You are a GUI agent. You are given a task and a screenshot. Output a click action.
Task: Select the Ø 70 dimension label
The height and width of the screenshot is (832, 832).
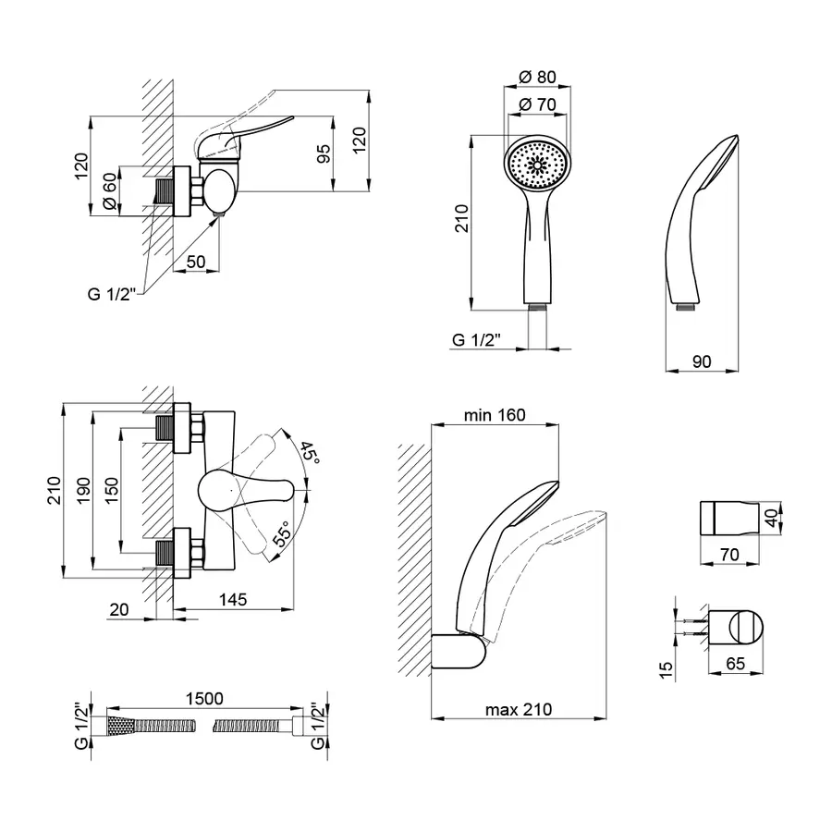[537, 104]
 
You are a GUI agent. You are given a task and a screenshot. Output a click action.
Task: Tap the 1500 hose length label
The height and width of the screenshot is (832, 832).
[203, 700]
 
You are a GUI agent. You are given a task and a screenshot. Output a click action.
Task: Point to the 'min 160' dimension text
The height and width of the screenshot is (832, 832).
[495, 415]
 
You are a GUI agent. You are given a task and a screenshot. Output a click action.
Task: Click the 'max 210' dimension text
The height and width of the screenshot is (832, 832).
[518, 710]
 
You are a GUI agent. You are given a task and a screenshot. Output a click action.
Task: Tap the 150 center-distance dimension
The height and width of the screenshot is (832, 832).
[112, 487]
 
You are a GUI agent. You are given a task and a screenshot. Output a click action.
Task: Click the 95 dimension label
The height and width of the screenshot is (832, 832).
[324, 154]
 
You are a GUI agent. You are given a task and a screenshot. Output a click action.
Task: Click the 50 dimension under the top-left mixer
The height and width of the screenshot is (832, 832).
[196, 263]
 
